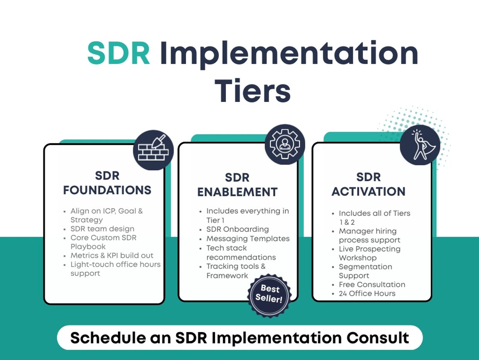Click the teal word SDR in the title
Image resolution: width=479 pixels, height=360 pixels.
119,53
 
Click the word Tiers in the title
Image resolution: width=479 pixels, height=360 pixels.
252,90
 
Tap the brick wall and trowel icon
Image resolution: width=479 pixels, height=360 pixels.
153,150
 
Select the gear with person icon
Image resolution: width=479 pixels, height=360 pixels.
285,144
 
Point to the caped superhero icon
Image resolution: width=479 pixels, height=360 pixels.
420,145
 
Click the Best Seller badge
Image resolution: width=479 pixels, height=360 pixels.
269,295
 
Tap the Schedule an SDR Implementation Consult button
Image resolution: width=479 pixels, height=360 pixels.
240,338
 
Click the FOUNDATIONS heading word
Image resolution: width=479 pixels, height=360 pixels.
107,190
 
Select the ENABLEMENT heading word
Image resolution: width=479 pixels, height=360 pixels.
237,192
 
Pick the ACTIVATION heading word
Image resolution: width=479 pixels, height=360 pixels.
368,192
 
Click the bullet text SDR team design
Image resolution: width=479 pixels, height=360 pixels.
102,229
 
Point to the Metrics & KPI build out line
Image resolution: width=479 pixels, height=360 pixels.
112,255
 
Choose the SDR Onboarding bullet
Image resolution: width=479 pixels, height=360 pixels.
238,229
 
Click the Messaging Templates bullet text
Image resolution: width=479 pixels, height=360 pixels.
248,239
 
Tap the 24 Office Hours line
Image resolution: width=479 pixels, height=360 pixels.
367,294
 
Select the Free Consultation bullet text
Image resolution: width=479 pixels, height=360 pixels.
372,285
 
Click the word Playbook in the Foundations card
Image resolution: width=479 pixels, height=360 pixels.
88,246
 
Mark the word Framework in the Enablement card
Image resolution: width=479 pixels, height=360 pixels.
227,276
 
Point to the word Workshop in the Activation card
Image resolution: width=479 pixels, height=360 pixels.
358,258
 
